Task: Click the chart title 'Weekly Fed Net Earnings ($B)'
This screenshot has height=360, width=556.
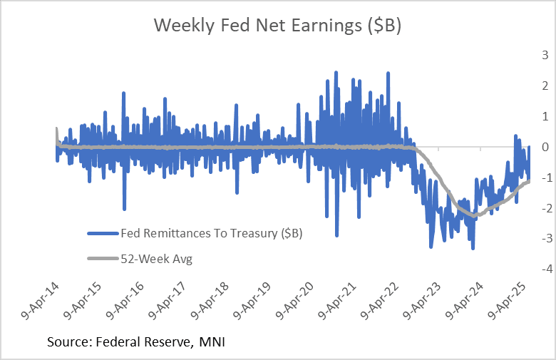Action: (x=278, y=26)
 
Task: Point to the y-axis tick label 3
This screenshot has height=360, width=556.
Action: (x=545, y=55)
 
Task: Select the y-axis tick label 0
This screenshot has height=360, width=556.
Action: (x=545, y=147)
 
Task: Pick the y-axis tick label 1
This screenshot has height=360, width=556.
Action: (x=545, y=116)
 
